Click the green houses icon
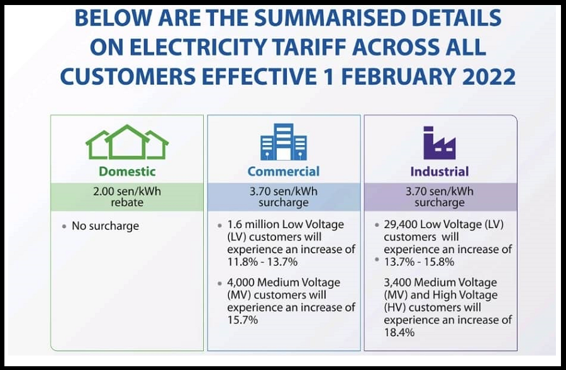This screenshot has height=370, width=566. point(127,142)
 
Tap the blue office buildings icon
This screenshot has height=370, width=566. point(284,142)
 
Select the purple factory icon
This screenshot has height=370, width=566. point(440,143)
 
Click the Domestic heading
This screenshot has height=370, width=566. point(127,171)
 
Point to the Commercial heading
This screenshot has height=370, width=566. point(284,171)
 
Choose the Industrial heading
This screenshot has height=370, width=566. point(440,171)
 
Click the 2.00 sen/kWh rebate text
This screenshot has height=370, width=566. point(127,197)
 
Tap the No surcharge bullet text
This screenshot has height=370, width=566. point(106,226)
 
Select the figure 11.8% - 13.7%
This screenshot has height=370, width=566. point(262,262)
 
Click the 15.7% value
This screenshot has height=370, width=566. point(243,320)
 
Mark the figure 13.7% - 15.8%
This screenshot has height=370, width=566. point(419,262)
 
